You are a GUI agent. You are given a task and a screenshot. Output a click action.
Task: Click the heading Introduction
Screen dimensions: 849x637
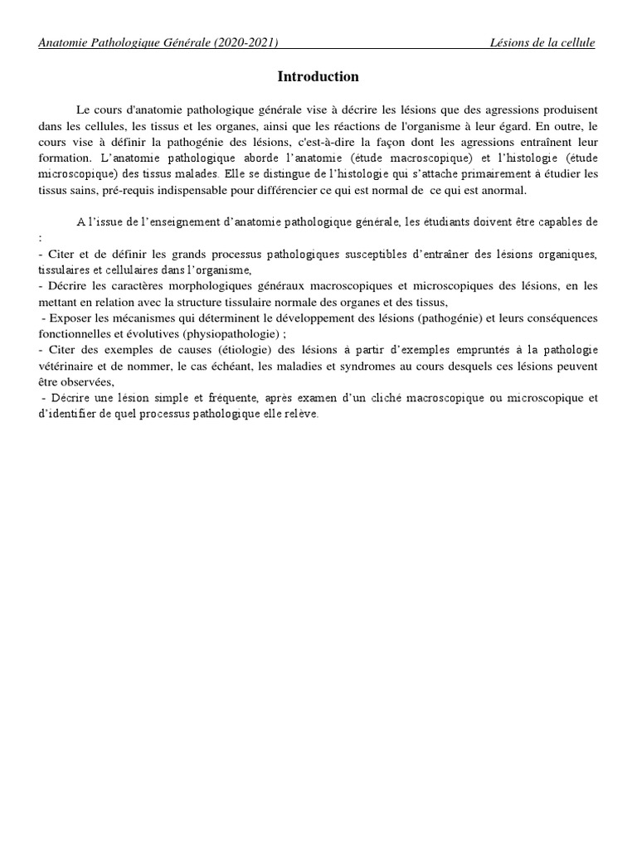click(x=318, y=77)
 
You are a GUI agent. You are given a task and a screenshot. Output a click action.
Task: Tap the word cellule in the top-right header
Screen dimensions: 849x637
click(x=576, y=43)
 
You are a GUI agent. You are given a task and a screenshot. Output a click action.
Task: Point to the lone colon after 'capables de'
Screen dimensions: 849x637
click(x=40, y=237)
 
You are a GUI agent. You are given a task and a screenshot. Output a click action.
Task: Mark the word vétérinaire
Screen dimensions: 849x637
click(x=67, y=366)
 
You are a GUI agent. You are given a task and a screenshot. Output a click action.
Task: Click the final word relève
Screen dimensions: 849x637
click(x=302, y=415)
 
